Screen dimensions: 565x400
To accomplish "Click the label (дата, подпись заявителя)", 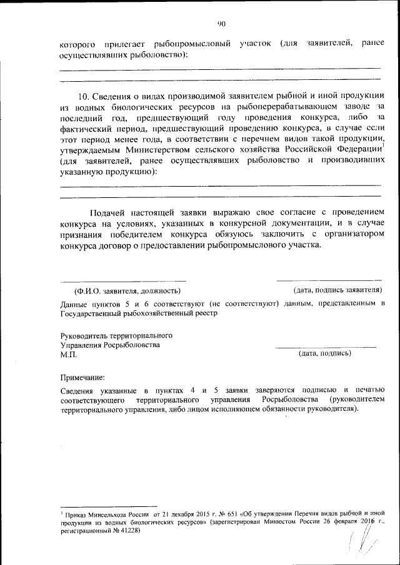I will coord(337,290).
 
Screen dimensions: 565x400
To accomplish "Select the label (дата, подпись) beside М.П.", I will coord(325,354).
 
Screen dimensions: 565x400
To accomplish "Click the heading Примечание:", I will coord(82,377).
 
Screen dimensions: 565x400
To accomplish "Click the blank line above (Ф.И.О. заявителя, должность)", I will coord(123,281).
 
